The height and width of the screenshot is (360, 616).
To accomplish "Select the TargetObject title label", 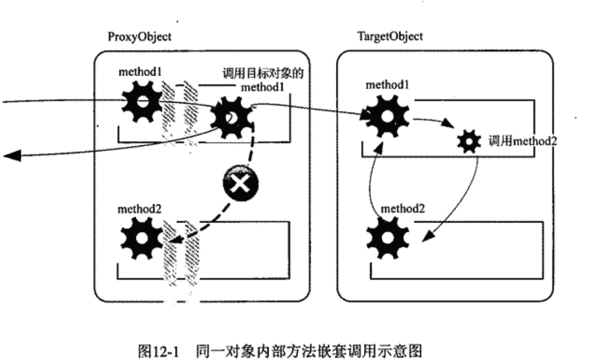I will [383, 36].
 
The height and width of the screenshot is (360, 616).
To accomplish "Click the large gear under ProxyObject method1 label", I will [141, 104].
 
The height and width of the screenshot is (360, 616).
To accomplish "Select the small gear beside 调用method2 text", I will [470, 141].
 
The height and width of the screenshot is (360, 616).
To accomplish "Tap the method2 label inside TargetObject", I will [401, 210].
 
